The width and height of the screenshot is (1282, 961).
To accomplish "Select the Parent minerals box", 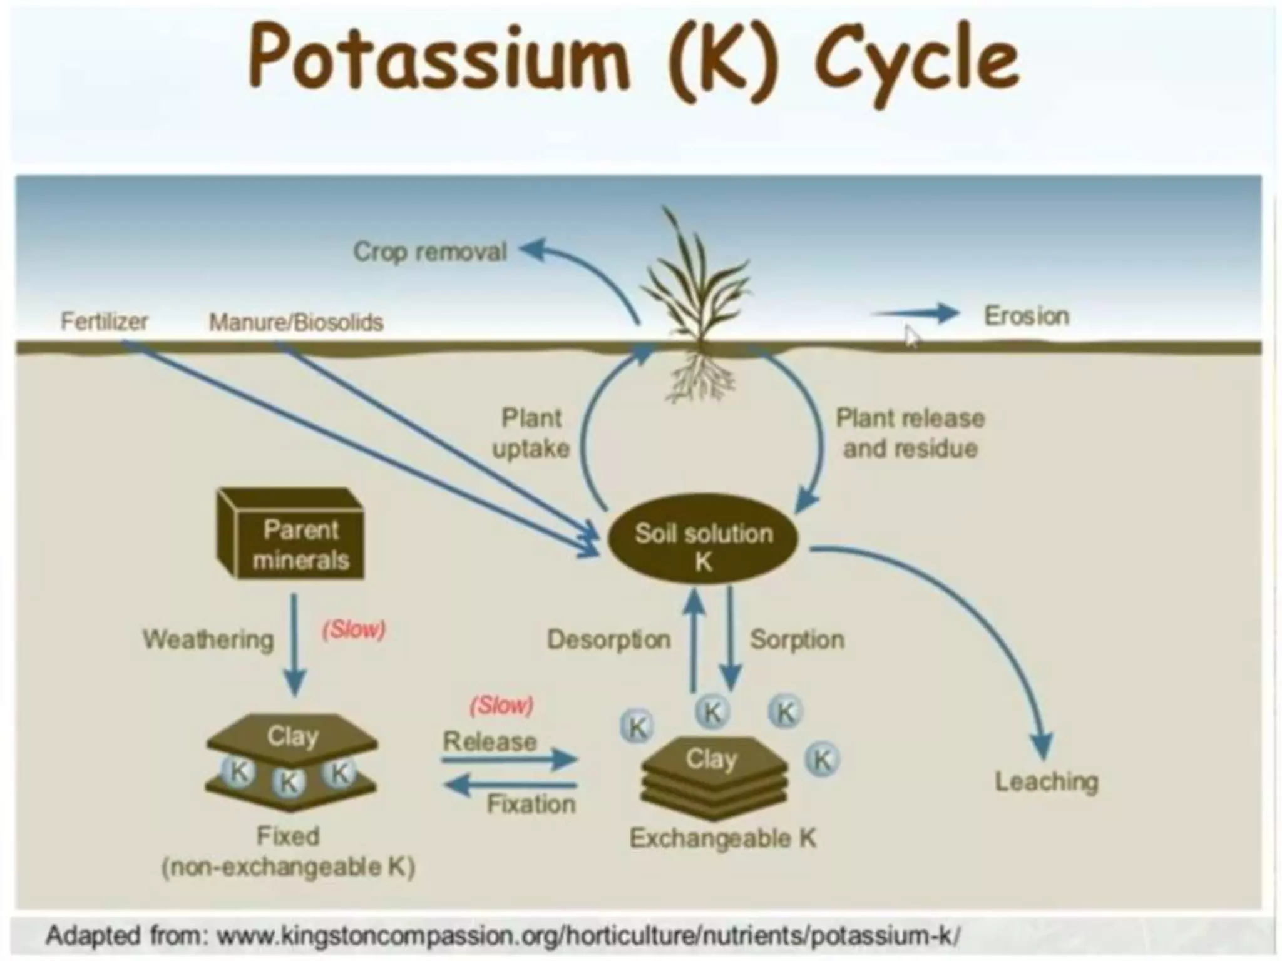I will [x=292, y=536].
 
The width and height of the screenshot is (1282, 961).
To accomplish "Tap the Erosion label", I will [x=1026, y=316].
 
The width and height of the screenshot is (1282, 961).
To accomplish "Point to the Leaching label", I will [x=1046, y=781].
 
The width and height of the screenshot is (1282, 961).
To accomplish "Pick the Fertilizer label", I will [x=104, y=322].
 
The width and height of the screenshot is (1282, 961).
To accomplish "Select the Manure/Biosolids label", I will [x=295, y=322].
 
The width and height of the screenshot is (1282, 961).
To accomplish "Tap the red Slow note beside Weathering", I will [x=354, y=629].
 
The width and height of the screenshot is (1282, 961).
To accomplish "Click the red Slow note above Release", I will [x=501, y=706].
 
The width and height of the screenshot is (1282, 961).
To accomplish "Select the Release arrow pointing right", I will [x=508, y=760].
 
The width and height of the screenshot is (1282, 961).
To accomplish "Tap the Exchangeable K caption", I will [x=723, y=838].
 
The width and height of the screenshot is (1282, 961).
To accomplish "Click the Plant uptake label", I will [x=531, y=433].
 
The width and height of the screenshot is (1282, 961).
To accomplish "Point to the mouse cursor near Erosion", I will [x=912, y=337].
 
